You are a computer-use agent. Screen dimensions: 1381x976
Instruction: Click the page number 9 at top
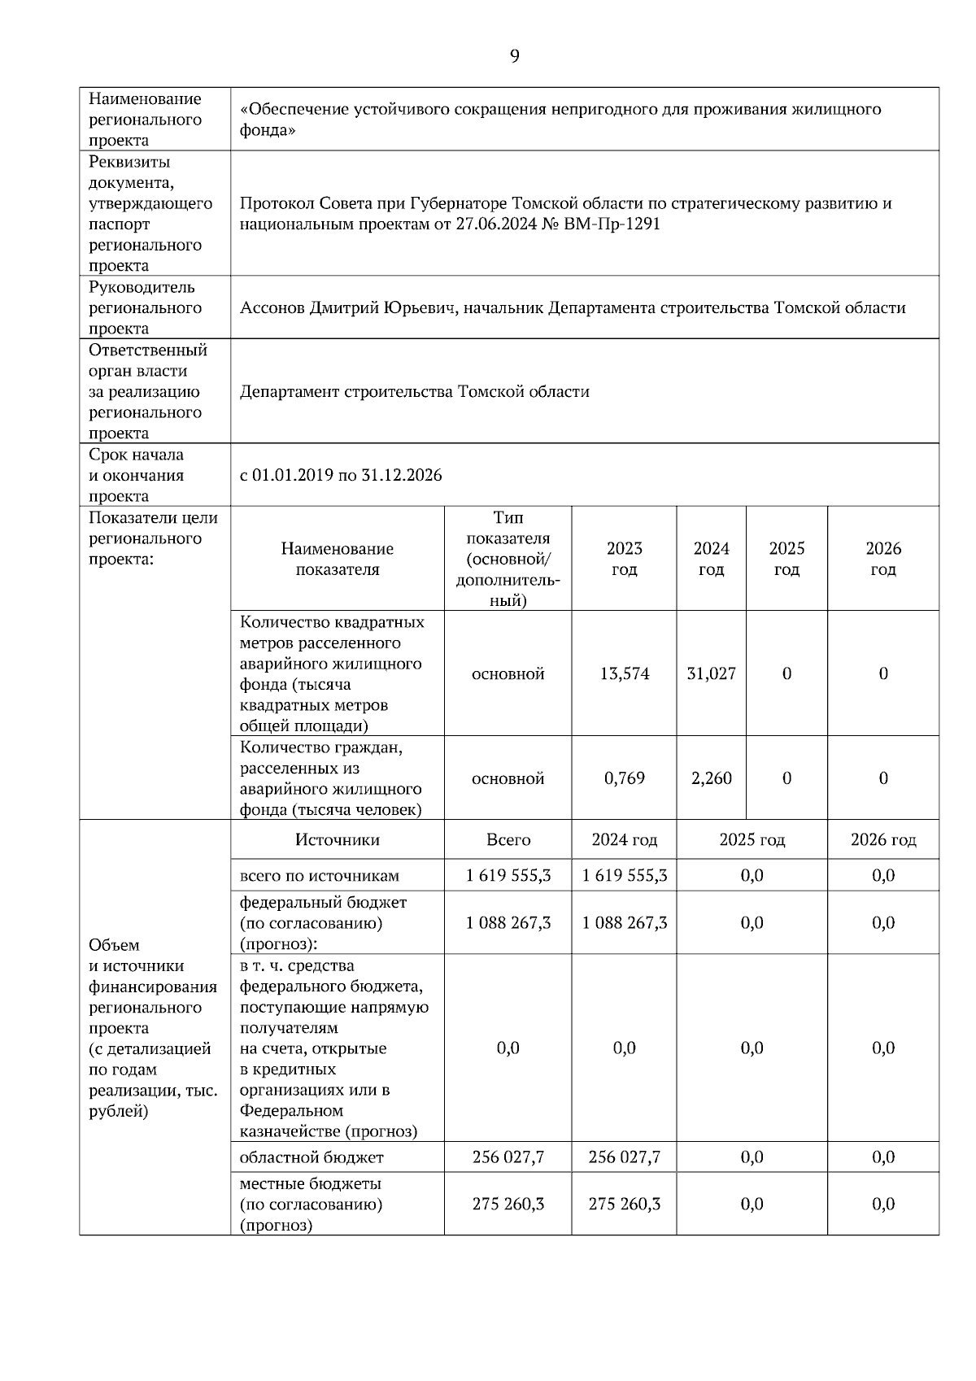click(514, 55)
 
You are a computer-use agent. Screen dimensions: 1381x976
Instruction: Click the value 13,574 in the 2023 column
click(624, 673)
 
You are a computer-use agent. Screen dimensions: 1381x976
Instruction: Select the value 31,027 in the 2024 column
click(711, 673)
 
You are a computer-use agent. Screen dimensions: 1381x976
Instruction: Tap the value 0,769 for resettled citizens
click(624, 778)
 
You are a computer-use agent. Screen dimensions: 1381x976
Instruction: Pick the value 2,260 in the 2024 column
click(711, 778)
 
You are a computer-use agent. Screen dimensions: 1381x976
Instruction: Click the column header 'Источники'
click(337, 839)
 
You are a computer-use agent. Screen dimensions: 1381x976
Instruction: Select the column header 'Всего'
click(508, 839)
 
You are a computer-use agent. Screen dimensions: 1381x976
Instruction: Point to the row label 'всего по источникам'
click(319, 876)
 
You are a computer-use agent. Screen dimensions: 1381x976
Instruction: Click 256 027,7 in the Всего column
click(508, 1157)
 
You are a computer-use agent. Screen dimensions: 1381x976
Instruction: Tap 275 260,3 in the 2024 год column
click(624, 1204)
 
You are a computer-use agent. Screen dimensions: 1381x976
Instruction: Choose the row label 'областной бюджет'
click(311, 1157)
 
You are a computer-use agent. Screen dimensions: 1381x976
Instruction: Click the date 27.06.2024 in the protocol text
click(497, 224)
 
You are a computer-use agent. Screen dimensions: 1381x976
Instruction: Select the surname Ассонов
click(272, 307)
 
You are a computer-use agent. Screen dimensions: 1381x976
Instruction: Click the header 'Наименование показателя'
click(337, 559)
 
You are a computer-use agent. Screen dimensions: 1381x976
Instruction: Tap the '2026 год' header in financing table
click(882, 839)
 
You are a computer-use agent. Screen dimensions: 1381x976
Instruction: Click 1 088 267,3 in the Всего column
click(508, 922)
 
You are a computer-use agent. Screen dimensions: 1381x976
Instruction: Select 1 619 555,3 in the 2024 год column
click(624, 876)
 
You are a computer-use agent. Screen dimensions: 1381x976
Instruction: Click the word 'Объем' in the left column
click(114, 945)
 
